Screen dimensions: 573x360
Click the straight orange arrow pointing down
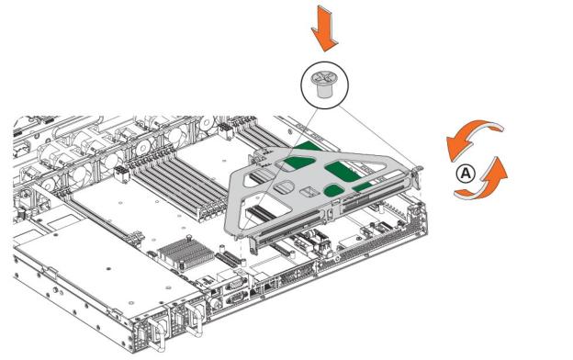324,29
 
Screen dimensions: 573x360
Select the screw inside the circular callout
321,84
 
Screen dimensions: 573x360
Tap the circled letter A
466,173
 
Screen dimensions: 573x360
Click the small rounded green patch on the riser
333,191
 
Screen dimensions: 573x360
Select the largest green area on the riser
343,171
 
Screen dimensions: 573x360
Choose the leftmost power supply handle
156,333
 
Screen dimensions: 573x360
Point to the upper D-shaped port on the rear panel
233,284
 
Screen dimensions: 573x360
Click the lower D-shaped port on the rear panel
234,299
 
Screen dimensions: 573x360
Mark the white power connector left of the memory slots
121,174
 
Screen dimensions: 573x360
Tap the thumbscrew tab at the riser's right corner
417,172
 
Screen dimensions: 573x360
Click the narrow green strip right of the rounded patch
364,187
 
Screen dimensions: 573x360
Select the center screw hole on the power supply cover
108,269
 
